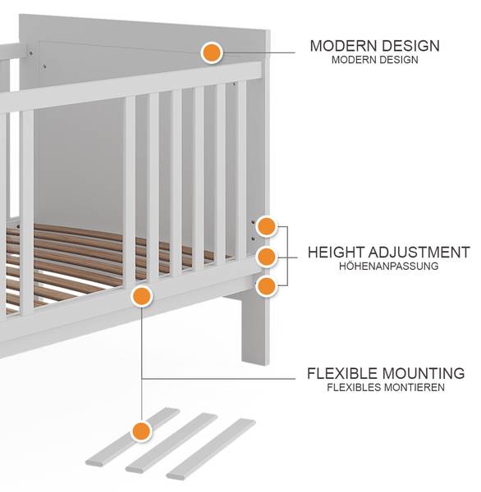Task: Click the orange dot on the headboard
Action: tap(212, 52)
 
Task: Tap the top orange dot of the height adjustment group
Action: tap(267, 226)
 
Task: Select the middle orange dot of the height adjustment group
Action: tap(267, 257)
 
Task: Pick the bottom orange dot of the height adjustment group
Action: tap(266, 286)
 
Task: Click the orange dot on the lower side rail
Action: tap(142, 297)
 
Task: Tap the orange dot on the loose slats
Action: tap(142, 431)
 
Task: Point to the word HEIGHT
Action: tap(337, 253)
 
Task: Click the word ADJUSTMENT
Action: tap(419, 253)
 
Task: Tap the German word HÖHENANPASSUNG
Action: tap(388, 266)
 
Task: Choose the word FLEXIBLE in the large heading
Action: tap(342, 373)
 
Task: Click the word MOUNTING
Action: tap(424, 373)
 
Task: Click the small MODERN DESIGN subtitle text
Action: tap(375, 60)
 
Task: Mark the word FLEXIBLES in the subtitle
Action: tap(354, 387)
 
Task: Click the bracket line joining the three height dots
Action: tap(287, 256)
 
